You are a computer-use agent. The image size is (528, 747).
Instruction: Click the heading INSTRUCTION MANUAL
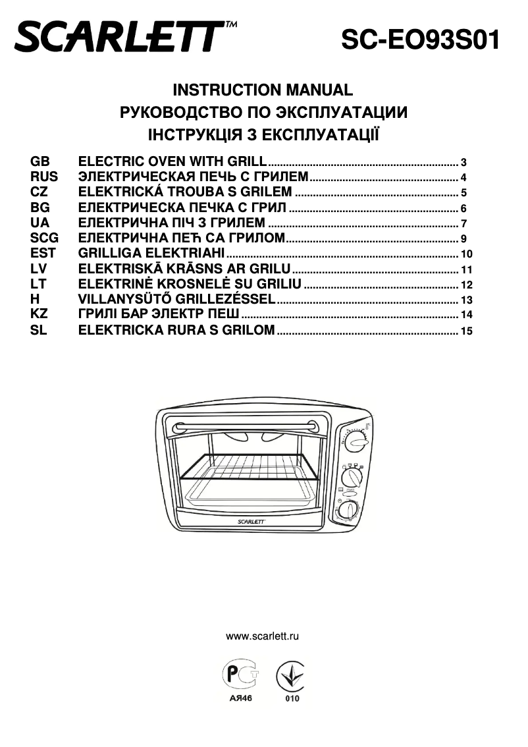point(263,90)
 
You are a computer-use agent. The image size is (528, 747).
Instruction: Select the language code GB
point(40,161)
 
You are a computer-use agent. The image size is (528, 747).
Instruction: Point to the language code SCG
point(44,238)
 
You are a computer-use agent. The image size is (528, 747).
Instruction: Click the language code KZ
point(40,314)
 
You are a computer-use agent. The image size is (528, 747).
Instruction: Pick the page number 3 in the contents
point(463,163)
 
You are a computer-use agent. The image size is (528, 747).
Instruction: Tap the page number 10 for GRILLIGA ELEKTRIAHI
point(467,254)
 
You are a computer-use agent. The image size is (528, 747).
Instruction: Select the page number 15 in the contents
point(467,331)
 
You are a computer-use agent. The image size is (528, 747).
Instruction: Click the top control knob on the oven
point(356,441)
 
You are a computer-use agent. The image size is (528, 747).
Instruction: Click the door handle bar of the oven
point(248,424)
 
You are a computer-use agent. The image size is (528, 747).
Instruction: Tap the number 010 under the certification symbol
point(292,698)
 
